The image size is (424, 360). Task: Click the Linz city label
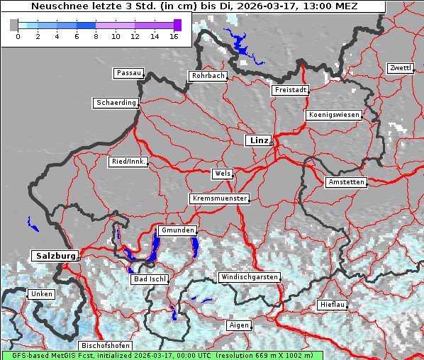[x=258, y=140]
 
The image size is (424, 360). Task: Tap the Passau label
[x=128, y=73]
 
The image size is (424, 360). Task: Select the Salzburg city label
[x=54, y=255]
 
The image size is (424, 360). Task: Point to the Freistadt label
[x=290, y=90]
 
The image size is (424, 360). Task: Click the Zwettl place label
[x=400, y=68]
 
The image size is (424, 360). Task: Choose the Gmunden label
[x=177, y=231]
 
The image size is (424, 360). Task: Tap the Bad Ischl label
[x=150, y=279]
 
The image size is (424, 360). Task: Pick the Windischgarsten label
[x=249, y=277]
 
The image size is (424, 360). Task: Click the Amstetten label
[x=346, y=182]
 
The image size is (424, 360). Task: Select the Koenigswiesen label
[x=334, y=115]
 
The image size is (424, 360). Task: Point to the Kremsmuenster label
[x=220, y=198]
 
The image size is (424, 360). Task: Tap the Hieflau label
[x=333, y=305]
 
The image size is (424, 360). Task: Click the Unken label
[x=41, y=294]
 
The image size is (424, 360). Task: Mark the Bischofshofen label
[x=106, y=346]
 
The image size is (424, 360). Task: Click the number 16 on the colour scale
[x=174, y=36]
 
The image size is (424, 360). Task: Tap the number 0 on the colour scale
[x=17, y=36]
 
